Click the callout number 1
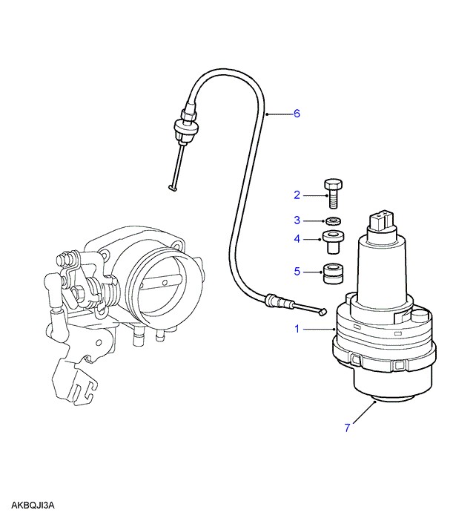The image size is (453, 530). tap(297, 328)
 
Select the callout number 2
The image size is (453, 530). tap(297, 195)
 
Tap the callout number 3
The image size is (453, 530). tap(297, 220)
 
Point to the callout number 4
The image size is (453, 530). tap(297, 239)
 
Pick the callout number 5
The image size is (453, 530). tap(297, 272)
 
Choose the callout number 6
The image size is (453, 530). tap(297, 114)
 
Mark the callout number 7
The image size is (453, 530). tap(346, 428)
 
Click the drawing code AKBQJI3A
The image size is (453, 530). tap(33, 506)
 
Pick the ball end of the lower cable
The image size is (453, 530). tap(323, 312)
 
